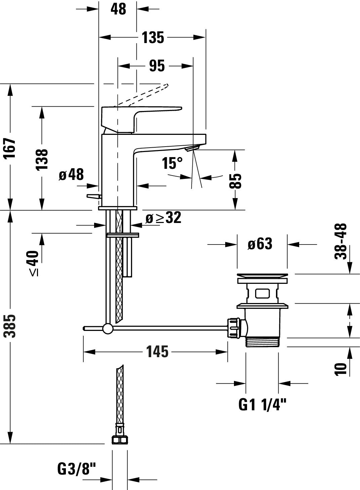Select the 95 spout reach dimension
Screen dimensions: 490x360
click(157, 66)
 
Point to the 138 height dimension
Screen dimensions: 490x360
click(42, 159)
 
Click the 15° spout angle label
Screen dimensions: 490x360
click(173, 163)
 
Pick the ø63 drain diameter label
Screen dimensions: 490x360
click(259, 243)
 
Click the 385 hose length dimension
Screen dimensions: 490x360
click(12, 326)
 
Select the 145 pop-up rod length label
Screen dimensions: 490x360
click(157, 352)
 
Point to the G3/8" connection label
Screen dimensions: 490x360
click(77, 468)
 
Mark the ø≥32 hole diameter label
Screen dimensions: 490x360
click(163, 218)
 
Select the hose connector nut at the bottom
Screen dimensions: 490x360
click(119, 439)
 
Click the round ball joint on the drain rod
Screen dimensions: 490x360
click(108, 329)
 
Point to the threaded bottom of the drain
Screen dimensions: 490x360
click(262, 342)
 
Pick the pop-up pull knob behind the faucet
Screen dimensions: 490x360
click(93, 196)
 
